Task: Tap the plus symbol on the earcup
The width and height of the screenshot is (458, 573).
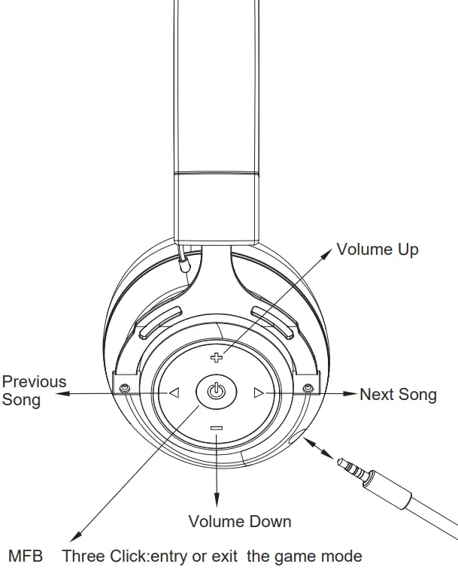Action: tap(217, 357)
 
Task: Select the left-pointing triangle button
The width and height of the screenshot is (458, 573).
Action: tap(174, 392)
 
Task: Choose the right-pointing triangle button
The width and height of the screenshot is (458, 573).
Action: tap(259, 392)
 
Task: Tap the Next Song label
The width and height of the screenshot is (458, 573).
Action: tap(398, 394)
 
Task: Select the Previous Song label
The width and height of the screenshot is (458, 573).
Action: tap(33, 390)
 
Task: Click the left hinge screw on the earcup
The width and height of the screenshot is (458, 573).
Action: tap(123, 387)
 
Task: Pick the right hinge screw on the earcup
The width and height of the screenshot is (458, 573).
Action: tap(308, 387)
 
